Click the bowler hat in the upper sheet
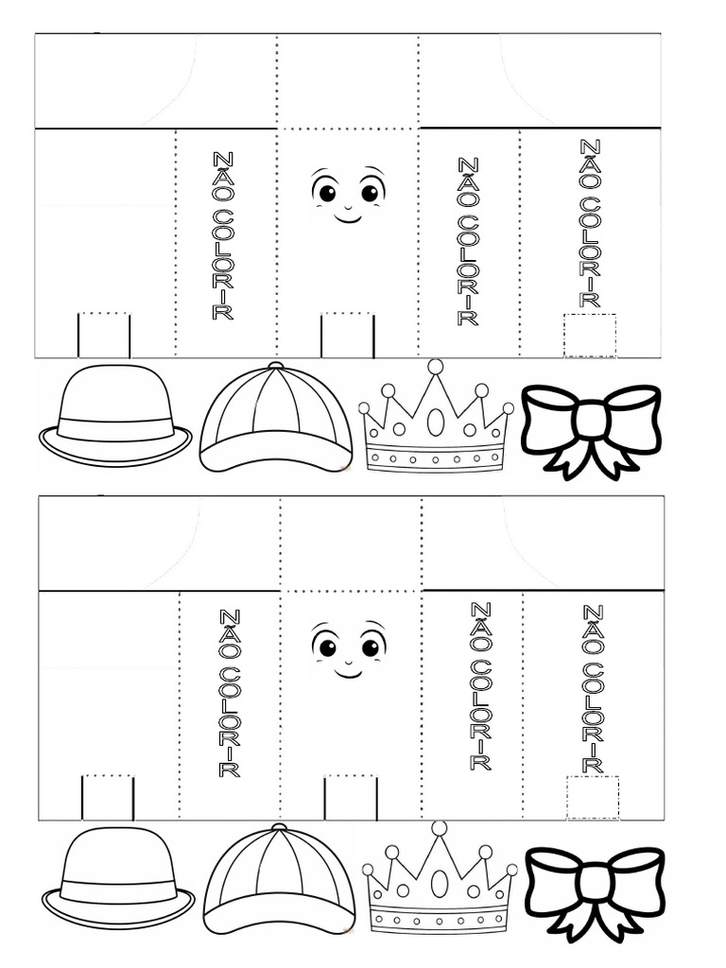coord(115,416)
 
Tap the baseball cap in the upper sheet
coord(276,418)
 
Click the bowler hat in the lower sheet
coord(118,879)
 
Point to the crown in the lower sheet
coord(440,884)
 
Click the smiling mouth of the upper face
coord(348,217)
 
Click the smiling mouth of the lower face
coord(348,673)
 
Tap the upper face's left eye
coord(327,193)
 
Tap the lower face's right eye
coord(371,648)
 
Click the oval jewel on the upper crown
coord(436,421)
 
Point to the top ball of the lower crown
coord(439,828)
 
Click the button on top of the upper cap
coord(275,365)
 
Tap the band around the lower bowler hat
coord(118,891)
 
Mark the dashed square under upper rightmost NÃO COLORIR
coord(590,336)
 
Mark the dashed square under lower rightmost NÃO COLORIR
coord(593,797)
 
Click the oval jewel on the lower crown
coord(440,883)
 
